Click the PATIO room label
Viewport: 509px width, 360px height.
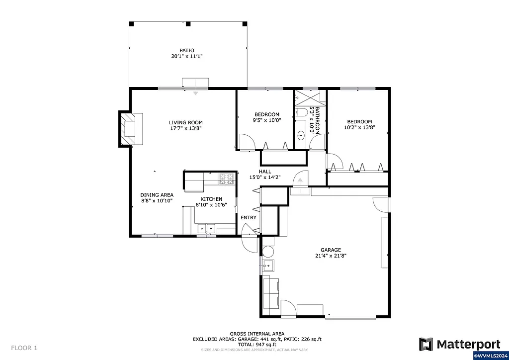coord(187,51)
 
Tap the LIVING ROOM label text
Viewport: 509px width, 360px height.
coord(185,122)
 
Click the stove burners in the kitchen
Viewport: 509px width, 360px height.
coord(227,179)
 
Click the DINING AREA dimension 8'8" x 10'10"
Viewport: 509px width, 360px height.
coord(157,201)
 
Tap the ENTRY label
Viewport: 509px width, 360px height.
coord(249,217)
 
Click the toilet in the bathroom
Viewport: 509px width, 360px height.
coord(301,113)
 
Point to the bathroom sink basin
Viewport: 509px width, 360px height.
coord(301,135)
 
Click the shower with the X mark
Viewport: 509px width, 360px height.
coord(310,96)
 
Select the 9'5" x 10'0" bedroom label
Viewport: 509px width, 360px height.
coord(267,120)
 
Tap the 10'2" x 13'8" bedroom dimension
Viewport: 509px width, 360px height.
coord(359,127)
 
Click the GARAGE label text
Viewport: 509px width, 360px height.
coord(331,250)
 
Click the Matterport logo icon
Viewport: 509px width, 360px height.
coord(426,344)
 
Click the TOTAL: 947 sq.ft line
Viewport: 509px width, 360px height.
coord(257,344)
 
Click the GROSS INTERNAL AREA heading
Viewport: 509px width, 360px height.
coord(257,334)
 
